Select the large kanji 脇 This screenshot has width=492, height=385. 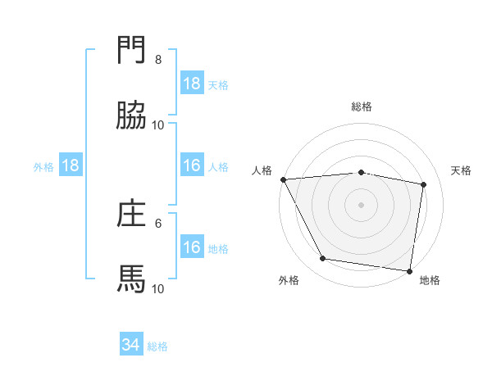pos(131,116)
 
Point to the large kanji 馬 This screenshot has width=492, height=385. pos(131,279)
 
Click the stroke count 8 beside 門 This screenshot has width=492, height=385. pos(158,60)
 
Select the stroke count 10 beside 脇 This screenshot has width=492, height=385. pos(158,125)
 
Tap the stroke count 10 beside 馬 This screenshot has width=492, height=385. pos(158,288)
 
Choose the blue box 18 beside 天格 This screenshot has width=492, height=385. pos(192,84)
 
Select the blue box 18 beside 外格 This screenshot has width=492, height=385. pos(71,165)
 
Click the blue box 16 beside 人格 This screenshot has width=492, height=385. pos(192,165)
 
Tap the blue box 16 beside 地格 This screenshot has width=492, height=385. pos(192,247)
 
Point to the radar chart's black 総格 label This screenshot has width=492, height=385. pos(362,106)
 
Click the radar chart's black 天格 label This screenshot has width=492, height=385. pos(461,170)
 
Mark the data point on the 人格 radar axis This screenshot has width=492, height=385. pos(283,179)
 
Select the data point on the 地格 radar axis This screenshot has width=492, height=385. pos(410,270)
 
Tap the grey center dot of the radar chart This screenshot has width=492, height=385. pos(362,205)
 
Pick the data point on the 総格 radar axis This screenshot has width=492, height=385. pos(362,172)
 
